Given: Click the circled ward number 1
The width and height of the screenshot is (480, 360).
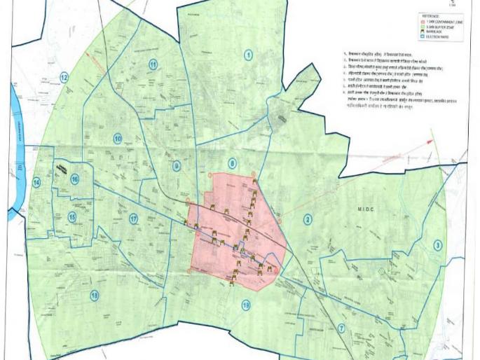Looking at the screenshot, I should tap(248, 55).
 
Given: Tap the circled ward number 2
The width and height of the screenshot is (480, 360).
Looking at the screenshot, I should tap(307, 220).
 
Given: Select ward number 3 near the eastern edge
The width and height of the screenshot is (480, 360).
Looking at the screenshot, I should tap(437, 245).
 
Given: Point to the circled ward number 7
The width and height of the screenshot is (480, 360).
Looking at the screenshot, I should tap(341, 328).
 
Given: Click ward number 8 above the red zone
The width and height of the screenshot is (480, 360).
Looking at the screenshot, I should tap(232, 164).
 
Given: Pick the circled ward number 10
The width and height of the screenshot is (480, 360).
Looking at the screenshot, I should tap(118, 139).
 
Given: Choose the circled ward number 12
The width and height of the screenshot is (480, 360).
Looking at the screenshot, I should tap(64, 78).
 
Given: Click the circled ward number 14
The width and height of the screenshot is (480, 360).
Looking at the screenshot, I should tap(36, 183).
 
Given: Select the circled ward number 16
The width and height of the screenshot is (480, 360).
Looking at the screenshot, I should tap(74, 179).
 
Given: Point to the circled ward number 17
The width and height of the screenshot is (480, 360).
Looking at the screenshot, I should tap(133, 219).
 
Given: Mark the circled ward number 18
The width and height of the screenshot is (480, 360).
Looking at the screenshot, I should tap(94, 296).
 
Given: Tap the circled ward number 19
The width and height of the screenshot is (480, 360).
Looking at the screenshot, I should tap(245, 305).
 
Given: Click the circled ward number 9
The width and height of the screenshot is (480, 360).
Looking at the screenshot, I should tap(177, 166).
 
